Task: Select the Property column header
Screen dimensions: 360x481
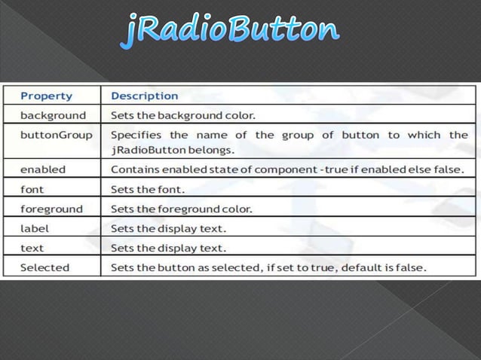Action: (47, 96)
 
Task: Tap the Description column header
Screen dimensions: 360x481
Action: (145, 96)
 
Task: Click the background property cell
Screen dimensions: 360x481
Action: (53, 116)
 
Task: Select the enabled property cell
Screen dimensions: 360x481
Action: (43, 169)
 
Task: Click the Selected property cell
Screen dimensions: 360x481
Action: (44, 267)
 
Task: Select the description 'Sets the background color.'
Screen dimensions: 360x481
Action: (183, 116)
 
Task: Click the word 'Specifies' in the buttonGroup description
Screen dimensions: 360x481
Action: (136, 136)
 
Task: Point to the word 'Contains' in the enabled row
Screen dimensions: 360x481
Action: (134, 169)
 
